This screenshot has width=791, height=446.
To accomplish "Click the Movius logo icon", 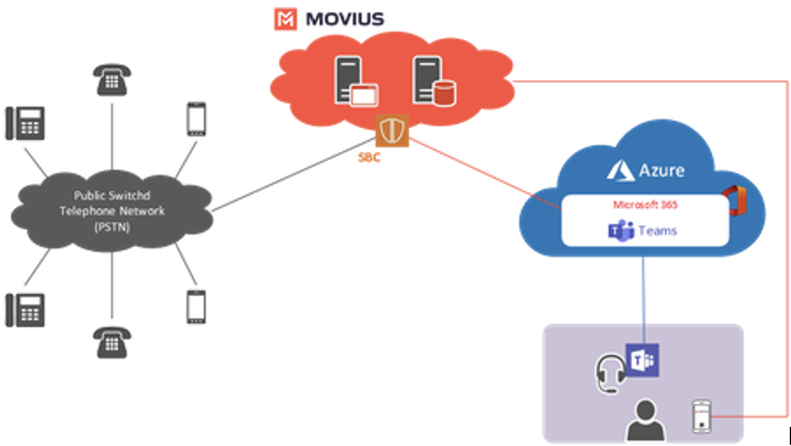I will [x=285, y=19].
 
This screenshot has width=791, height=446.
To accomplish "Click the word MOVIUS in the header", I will [x=345, y=19].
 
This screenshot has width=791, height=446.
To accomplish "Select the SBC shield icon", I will [x=392, y=131].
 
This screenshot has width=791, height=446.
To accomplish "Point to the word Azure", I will [x=662, y=170].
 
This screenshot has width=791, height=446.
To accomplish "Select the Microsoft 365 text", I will [x=645, y=205].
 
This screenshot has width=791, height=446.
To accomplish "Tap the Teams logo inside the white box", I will [x=621, y=231].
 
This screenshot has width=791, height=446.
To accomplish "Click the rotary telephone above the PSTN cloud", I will [x=112, y=80].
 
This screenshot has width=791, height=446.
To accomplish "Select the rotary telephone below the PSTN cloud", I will [x=112, y=342].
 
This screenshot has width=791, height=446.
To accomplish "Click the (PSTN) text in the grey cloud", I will [x=111, y=227].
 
